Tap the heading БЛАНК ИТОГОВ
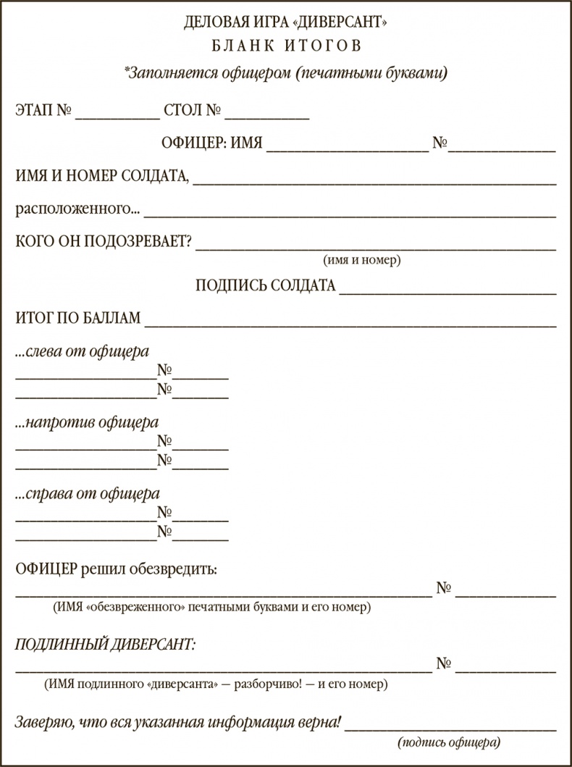tap(285, 46)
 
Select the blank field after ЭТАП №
tap(117, 113)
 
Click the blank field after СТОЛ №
tap(267, 113)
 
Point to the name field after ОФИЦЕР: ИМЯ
tap(348, 146)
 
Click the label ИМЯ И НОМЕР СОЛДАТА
tap(102, 177)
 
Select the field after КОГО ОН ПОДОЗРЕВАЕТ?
tap(376, 244)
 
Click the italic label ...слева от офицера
tap(83, 352)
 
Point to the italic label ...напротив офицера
tap(87, 423)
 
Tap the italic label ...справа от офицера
tap(88, 495)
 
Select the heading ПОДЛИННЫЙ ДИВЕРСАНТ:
tap(106, 643)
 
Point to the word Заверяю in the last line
tap(44, 722)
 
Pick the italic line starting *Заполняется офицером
tap(285, 72)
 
